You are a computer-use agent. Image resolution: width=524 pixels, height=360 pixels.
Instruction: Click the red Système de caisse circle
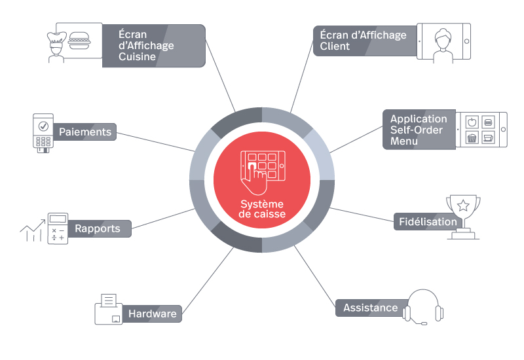tap(262, 179)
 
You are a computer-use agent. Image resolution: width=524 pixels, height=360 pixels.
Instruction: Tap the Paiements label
tap(85, 132)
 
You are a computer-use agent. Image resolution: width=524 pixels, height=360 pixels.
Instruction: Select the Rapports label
tap(98, 228)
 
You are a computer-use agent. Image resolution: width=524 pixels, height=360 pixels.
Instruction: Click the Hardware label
tap(152, 314)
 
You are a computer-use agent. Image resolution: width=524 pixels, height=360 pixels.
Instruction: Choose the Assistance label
tap(370, 308)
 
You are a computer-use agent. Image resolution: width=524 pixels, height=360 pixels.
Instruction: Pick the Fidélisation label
tap(427, 221)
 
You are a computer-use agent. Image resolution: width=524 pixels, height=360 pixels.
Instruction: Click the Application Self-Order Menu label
tap(419, 130)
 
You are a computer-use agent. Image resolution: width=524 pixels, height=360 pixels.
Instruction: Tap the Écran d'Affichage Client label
tap(363, 41)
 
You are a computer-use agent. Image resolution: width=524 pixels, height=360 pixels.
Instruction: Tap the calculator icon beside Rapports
tap(57, 228)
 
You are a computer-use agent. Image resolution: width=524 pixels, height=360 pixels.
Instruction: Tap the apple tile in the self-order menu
tap(471, 122)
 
